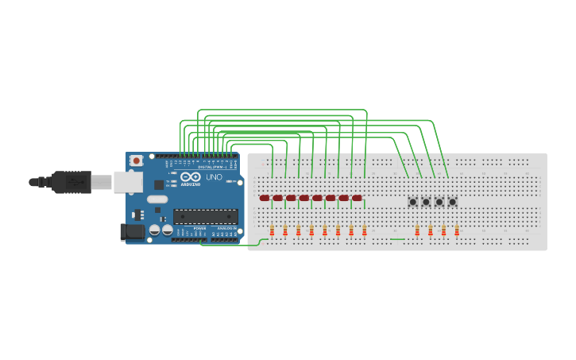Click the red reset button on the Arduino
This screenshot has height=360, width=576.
[137, 161]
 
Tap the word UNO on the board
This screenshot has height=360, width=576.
[215, 177]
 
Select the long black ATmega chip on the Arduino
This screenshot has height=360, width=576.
[206, 215]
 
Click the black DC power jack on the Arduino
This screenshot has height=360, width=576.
[133, 231]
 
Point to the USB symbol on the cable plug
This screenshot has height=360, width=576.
[75, 181]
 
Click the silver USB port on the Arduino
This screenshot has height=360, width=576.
[127, 182]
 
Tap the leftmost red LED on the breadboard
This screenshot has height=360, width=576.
[265, 198]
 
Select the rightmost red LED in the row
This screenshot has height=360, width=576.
[357, 198]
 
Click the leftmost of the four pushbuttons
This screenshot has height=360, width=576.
[413, 202]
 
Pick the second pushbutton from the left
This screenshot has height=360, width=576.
[426, 202]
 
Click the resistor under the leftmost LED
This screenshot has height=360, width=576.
[273, 231]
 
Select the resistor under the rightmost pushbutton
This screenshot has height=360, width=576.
[457, 231]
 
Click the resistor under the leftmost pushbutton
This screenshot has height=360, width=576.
[418, 231]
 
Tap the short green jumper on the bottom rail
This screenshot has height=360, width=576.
[398, 238]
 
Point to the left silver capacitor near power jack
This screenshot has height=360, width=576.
[156, 230]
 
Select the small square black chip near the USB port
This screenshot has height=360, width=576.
[158, 184]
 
